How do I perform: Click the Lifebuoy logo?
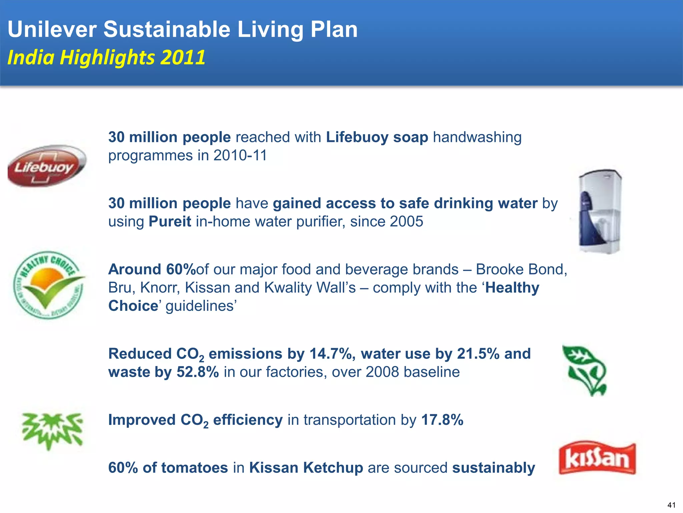47,166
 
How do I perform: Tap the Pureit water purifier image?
599,212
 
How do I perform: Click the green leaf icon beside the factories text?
585,370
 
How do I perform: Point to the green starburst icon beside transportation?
52,430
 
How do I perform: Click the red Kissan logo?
597,458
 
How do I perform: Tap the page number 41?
671,505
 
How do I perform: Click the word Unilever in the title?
52,29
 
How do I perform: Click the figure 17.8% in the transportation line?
442,420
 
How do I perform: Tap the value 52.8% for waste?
198,372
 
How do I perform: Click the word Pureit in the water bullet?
170,222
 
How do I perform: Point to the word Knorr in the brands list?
160,288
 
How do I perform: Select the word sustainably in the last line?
494,468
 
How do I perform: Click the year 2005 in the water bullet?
407,222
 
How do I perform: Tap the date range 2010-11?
240,156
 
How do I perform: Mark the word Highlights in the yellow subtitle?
107,57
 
